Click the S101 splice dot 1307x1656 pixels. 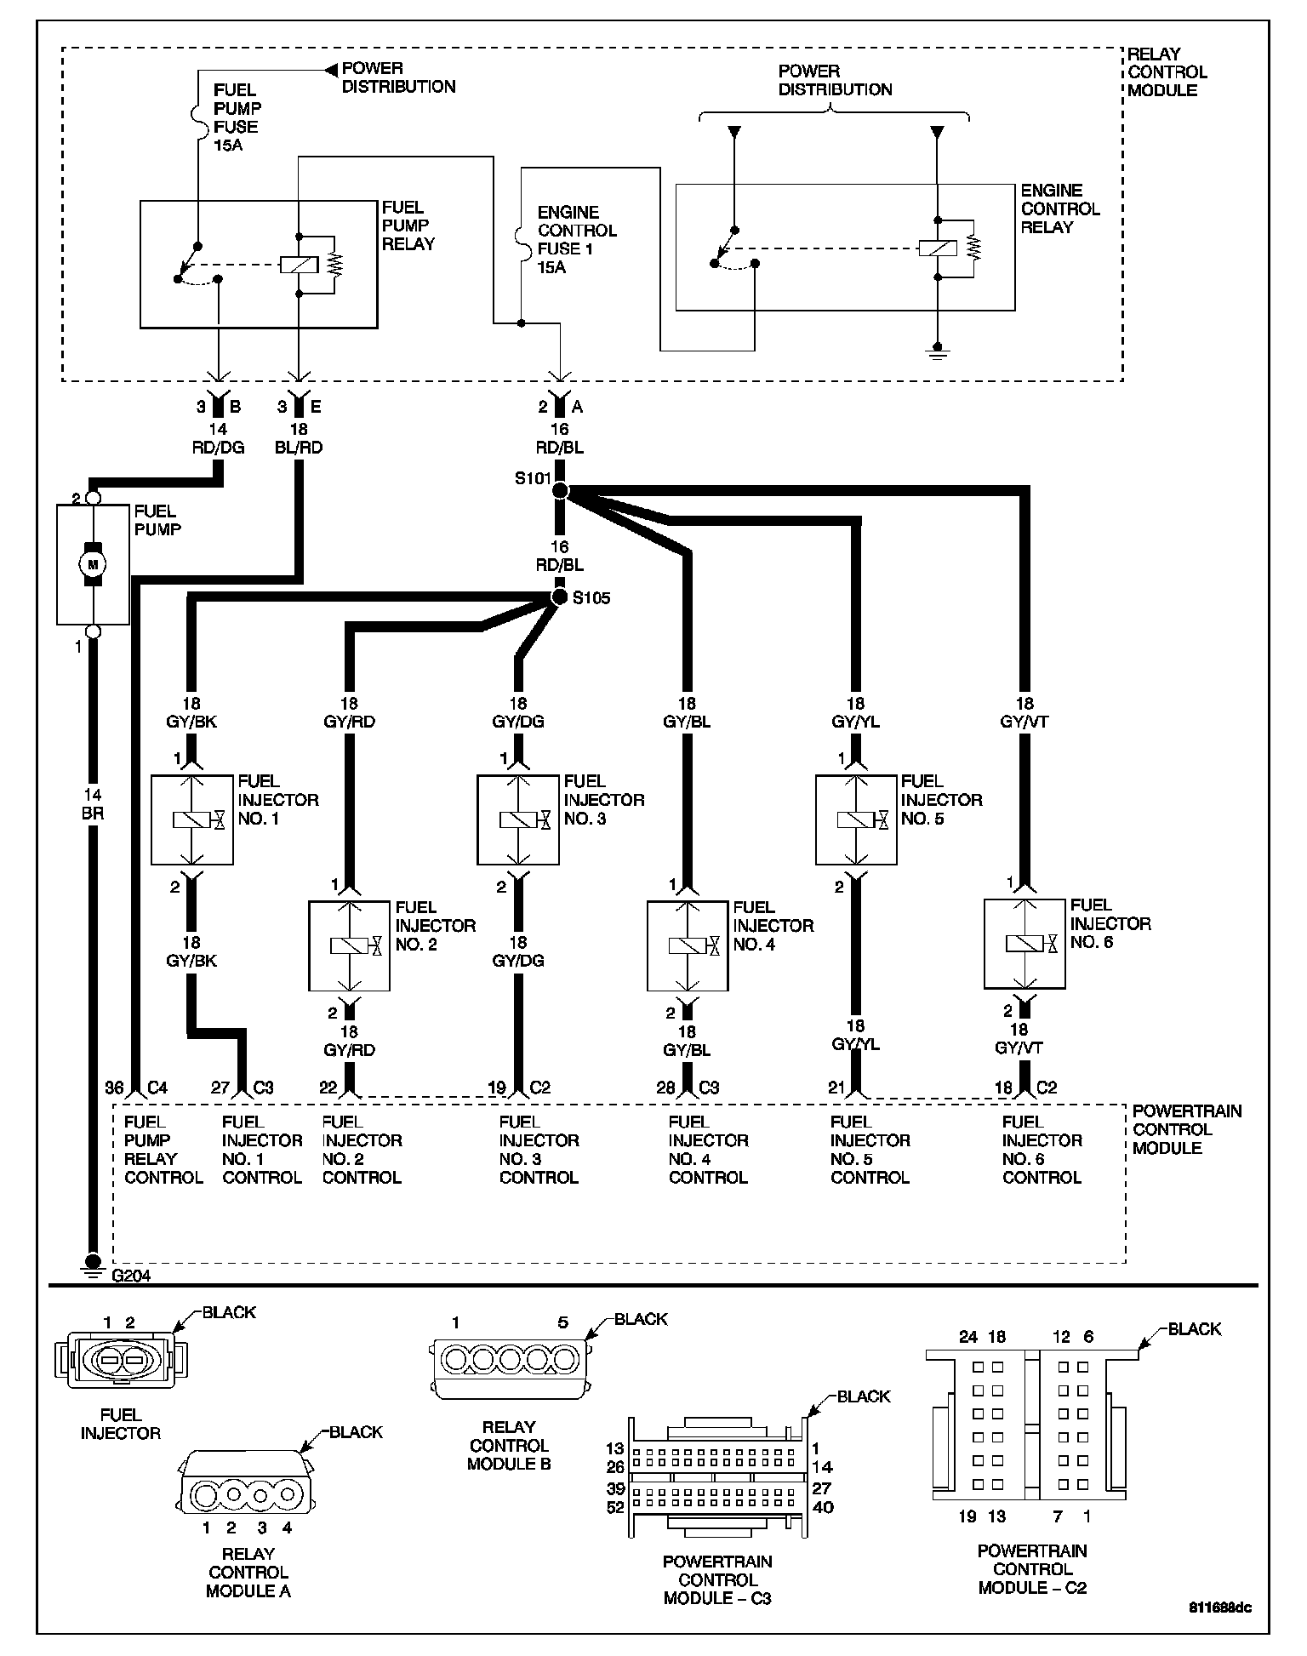pyautogui.click(x=559, y=490)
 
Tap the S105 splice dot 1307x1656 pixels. pyautogui.click(x=559, y=597)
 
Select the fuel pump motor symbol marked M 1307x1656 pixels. pyautogui.click(x=93, y=563)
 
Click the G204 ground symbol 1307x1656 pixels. pyautogui.click(x=92, y=1263)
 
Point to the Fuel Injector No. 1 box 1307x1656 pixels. pyautogui.click(x=191, y=819)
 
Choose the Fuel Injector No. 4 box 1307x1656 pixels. pyautogui.click(x=688, y=945)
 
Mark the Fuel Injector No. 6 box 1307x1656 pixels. pyautogui.click(x=1024, y=944)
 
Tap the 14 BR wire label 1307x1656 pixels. pyautogui.click(x=93, y=804)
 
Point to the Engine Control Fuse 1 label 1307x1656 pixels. pyautogui.click(x=577, y=239)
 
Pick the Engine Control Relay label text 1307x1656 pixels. pyautogui.click(x=1059, y=208)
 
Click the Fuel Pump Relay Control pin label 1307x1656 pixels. pyautogui.click(x=163, y=1150)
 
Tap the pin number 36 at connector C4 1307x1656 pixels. pyautogui.click(x=114, y=1088)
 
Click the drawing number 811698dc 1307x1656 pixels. pyautogui.click(x=1219, y=1608)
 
